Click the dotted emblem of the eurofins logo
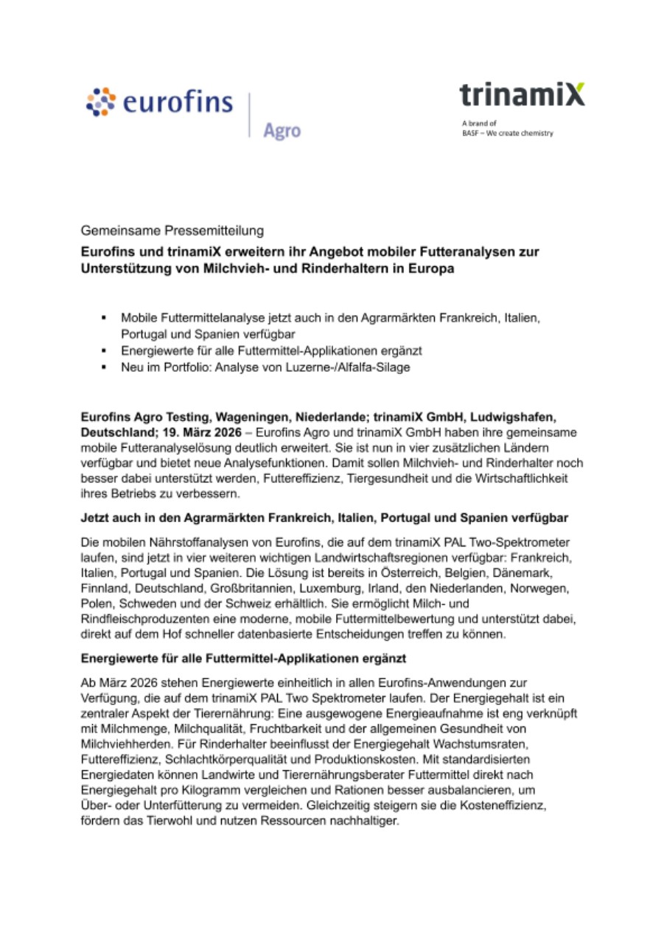click(101, 103)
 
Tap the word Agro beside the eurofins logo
click(282, 130)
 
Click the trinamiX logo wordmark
click(522, 95)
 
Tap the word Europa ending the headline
click(427, 269)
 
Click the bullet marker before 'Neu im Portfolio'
click(104, 367)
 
